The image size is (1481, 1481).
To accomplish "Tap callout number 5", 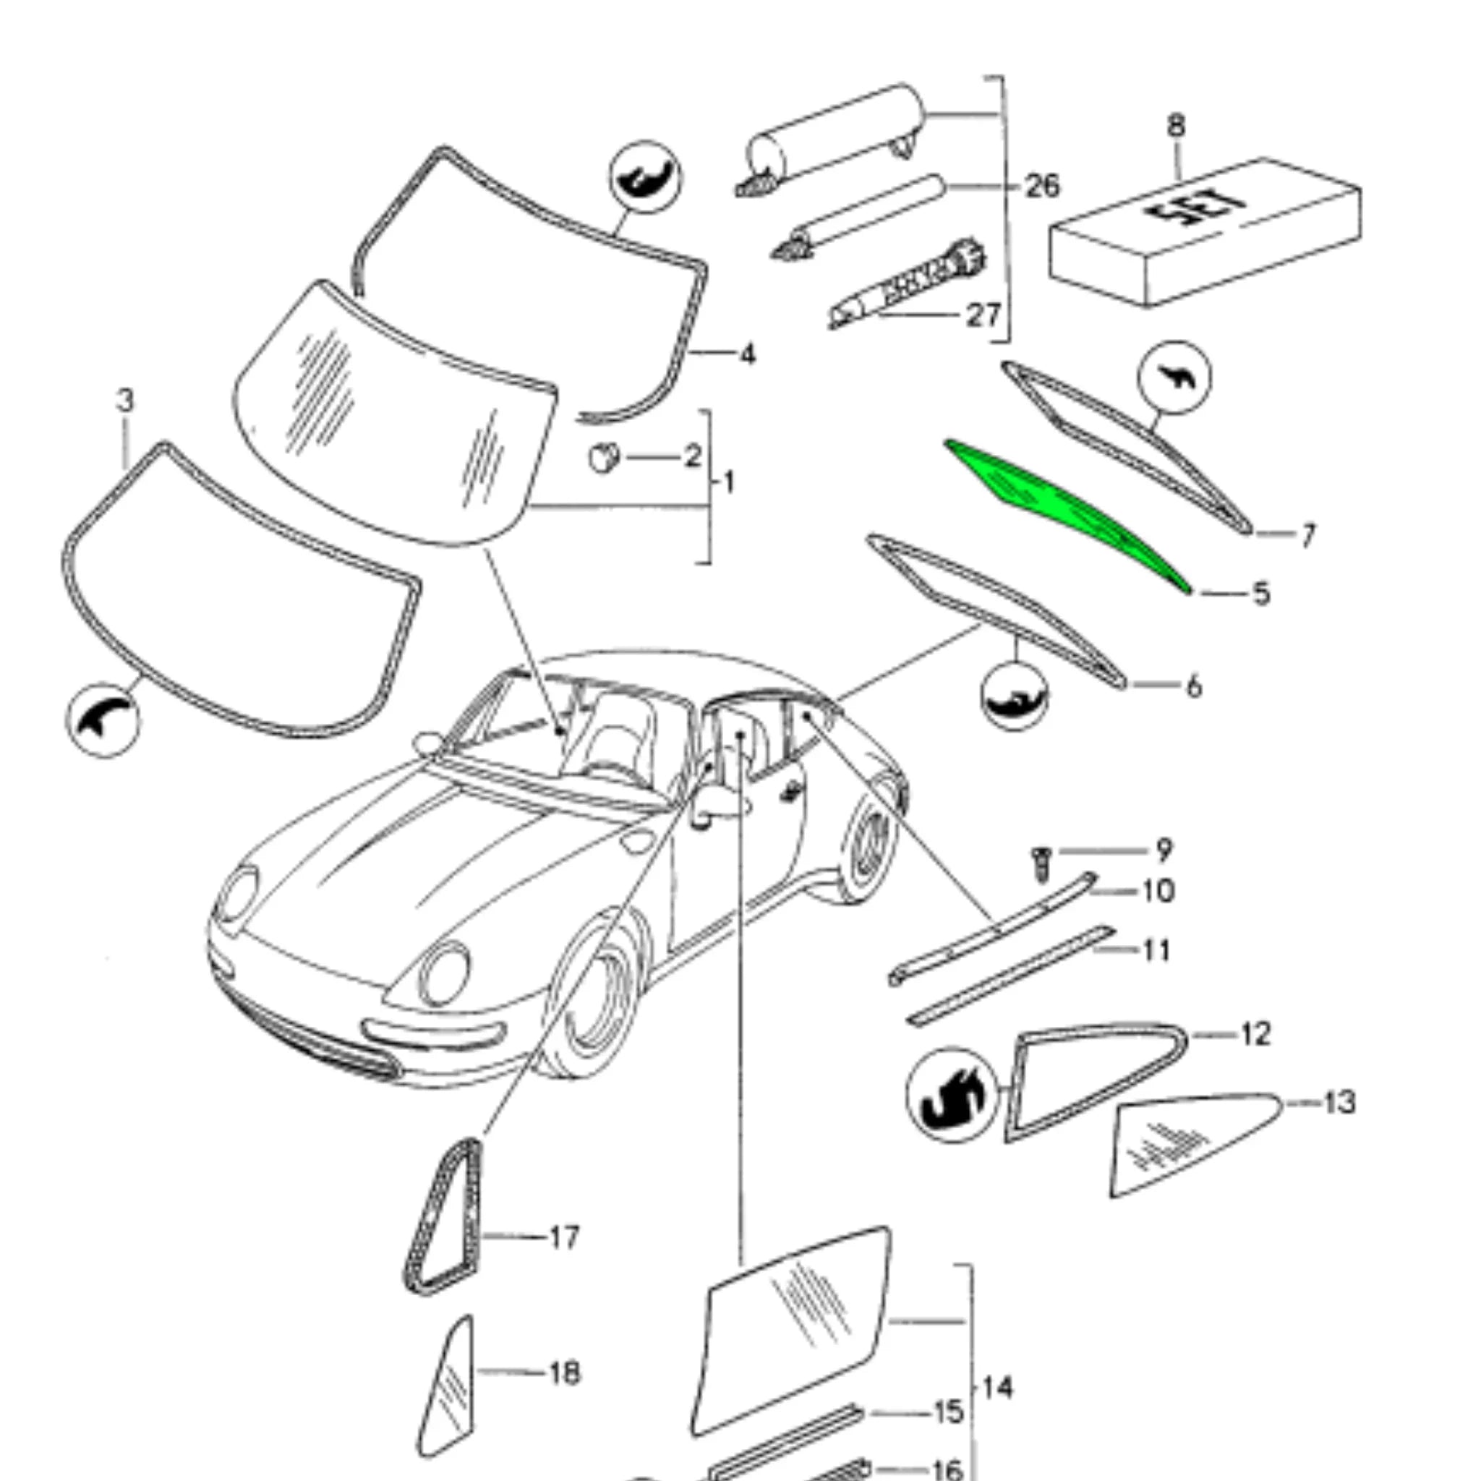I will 1260,594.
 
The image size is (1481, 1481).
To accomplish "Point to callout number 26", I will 1043,187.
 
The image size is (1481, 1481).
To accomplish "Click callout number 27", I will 983,315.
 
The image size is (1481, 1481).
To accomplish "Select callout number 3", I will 125,400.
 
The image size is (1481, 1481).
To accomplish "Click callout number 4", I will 748,354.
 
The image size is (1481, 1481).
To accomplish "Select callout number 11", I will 1156,950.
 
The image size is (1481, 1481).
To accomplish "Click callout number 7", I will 1307,535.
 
